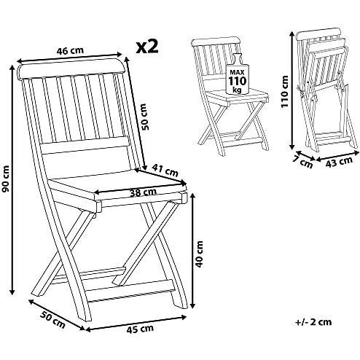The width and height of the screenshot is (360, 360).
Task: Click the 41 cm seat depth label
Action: (167, 171)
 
